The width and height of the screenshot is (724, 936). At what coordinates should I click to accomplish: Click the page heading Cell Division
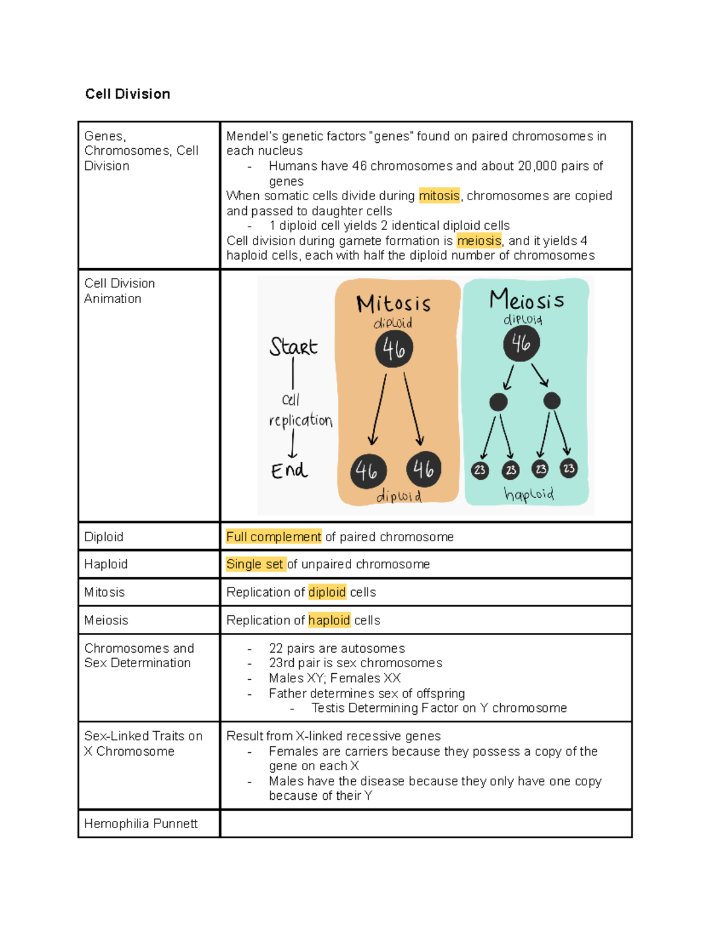point(127,94)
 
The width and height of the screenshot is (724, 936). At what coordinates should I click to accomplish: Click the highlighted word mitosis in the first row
point(439,196)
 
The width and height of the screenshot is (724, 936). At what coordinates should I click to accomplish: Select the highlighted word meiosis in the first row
point(479,241)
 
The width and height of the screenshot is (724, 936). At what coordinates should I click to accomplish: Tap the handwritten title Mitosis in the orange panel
point(393,304)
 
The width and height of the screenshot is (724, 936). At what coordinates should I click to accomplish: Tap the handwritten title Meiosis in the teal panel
point(526,300)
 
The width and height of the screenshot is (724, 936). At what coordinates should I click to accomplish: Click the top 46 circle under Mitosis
point(394,349)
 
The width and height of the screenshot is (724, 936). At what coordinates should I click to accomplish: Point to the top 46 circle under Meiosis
point(521,344)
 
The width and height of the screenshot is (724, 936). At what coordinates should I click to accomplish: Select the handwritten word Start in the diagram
point(293,347)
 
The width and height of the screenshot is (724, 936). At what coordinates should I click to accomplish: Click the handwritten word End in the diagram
point(289,471)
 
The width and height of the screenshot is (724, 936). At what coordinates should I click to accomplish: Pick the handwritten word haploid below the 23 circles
point(529,495)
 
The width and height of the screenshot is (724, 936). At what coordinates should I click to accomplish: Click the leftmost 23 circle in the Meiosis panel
point(480,470)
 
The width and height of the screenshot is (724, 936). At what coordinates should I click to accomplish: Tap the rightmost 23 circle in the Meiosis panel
point(568,468)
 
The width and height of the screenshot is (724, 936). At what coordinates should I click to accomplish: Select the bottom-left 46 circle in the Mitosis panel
point(368,471)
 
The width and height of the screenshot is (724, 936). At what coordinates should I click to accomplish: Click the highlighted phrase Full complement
point(273,537)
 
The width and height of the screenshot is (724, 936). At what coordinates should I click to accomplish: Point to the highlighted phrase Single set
point(255,564)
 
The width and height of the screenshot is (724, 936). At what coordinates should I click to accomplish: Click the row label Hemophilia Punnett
point(141,824)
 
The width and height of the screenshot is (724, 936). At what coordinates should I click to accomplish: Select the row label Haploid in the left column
point(106,564)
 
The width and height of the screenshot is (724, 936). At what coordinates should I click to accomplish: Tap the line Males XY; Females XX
point(334,679)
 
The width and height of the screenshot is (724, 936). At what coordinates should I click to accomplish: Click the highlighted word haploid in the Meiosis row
point(329,620)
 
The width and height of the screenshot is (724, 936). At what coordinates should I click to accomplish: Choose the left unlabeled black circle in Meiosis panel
point(498,402)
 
